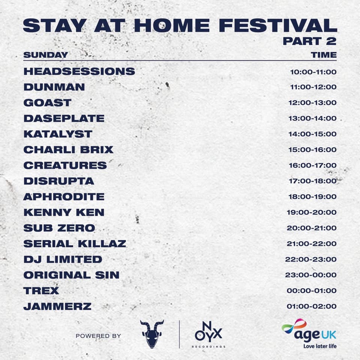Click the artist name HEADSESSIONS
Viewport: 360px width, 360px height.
point(79,71)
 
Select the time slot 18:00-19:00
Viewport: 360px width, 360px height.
point(312,197)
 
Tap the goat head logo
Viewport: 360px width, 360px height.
point(152,334)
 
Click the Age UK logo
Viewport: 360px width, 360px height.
point(309,333)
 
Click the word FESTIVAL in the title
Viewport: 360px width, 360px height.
point(278,25)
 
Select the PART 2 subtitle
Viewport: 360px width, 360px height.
point(310,41)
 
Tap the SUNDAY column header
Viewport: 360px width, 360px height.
point(46,55)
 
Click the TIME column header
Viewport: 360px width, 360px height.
point(324,55)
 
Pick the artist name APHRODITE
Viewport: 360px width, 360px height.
point(64,197)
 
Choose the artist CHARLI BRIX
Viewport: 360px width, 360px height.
point(68,150)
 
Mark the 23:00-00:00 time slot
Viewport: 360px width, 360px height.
point(311,275)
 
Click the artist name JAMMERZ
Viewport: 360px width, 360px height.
point(57,306)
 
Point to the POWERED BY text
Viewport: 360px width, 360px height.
point(98,336)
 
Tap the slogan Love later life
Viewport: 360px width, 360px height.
point(320,346)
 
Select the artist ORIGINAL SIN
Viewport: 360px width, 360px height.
point(71,275)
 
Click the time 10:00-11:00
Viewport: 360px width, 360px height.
point(313,72)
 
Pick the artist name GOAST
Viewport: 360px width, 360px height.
point(48,103)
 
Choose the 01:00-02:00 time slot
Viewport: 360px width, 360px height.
point(312,306)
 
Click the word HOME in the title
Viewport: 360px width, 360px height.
point(172,25)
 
